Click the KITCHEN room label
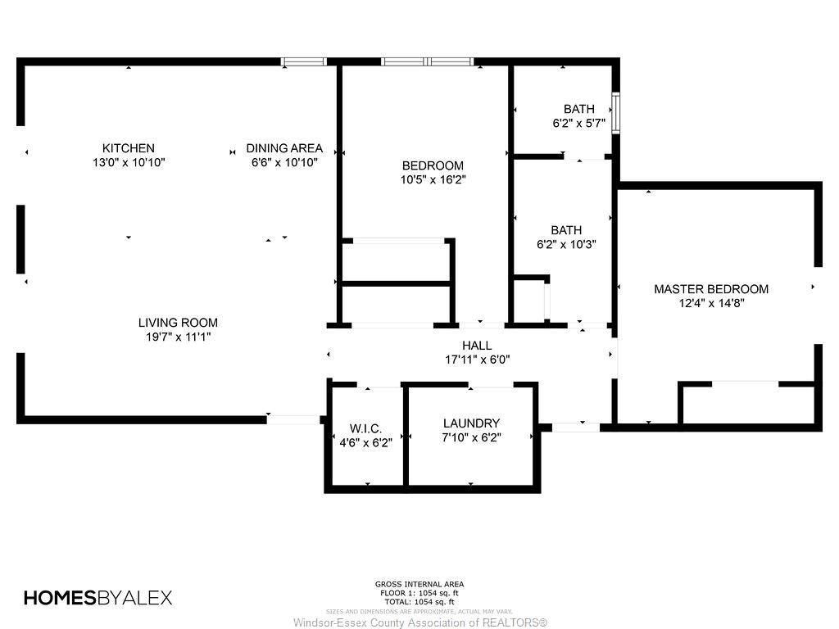point(129,148)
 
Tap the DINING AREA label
point(284,148)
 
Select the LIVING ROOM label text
point(178,323)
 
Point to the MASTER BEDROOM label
point(711,289)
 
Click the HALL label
point(477,346)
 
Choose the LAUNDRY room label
point(471,423)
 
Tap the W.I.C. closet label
point(366,428)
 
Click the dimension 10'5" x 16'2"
point(433,179)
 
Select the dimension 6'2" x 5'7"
point(579,123)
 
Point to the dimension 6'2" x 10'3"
point(566,244)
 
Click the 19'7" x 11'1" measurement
point(178,337)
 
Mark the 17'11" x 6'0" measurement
point(478,360)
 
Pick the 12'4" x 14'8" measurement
point(711,303)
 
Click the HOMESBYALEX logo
point(98,597)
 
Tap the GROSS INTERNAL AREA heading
point(419,584)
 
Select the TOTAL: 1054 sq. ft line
point(419,602)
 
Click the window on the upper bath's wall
point(616,113)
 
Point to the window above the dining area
point(304,61)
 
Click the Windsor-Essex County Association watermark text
point(420,622)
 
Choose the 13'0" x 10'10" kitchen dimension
point(129,163)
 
